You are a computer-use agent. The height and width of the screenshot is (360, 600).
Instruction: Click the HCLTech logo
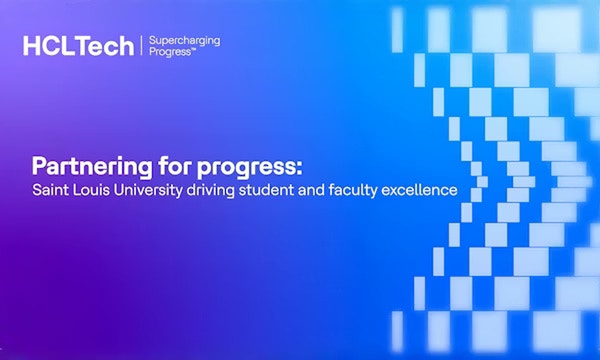[x=78, y=46]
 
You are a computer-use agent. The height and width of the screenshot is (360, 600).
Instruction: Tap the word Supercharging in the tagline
[x=184, y=40]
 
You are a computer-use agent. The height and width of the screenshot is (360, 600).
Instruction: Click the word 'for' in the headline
[x=154, y=165]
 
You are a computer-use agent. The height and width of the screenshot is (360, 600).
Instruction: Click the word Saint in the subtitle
[x=47, y=188]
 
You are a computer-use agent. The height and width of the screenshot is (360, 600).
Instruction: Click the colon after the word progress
[x=257, y=167]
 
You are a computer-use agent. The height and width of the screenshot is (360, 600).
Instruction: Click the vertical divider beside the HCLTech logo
[x=141, y=46]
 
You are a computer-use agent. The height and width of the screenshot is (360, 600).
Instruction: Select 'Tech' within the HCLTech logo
[x=107, y=46]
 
